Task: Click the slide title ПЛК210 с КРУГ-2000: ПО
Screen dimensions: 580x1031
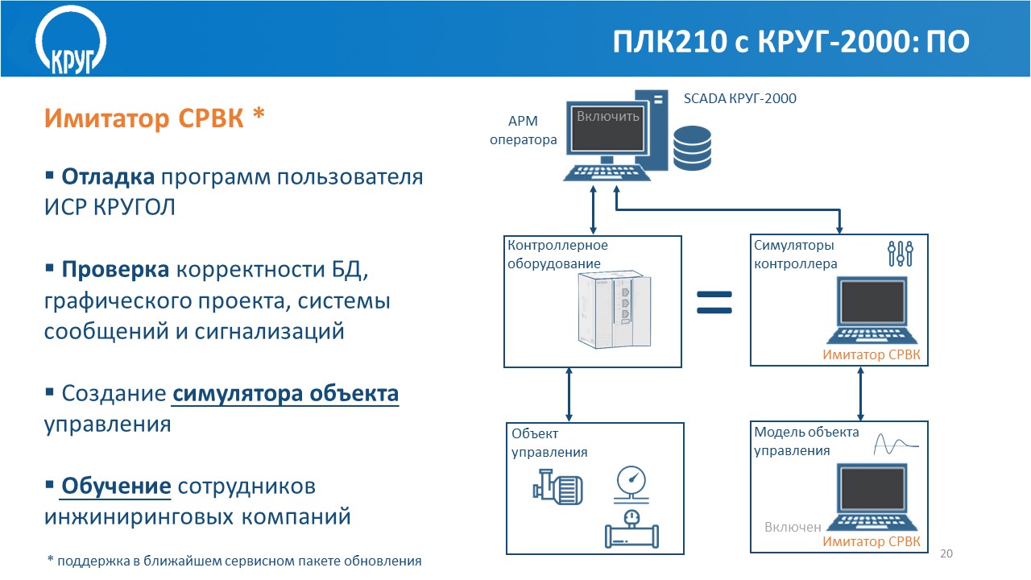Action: click(790, 42)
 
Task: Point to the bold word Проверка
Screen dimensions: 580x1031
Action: click(115, 268)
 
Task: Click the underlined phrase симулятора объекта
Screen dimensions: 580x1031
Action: click(286, 394)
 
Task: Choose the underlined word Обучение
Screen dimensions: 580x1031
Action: click(116, 487)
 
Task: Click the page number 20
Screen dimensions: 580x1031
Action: click(946, 553)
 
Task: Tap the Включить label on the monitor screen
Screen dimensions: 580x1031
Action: click(608, 116)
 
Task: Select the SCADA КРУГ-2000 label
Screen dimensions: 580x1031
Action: click(739, 98)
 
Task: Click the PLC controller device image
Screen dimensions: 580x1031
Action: click(612, 310)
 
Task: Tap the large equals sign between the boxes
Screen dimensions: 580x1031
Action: click(714, 302)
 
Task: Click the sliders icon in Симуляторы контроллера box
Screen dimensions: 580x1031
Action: click(900, 254)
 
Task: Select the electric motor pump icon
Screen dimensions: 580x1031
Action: click(557, 488)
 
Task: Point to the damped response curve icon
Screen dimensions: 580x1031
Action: click(896, 443)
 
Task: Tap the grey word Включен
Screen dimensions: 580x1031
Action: click(793, 528)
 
